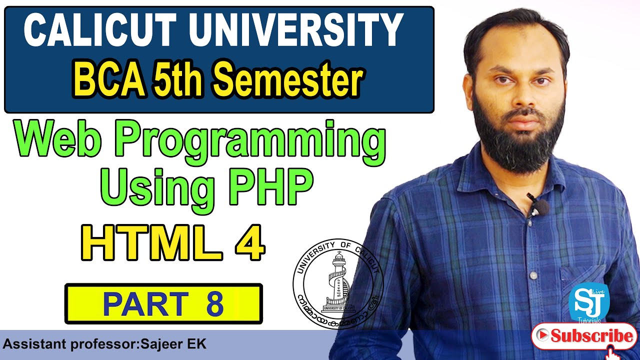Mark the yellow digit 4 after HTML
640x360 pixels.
click(247, 243)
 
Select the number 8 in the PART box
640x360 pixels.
click(214, 304)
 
